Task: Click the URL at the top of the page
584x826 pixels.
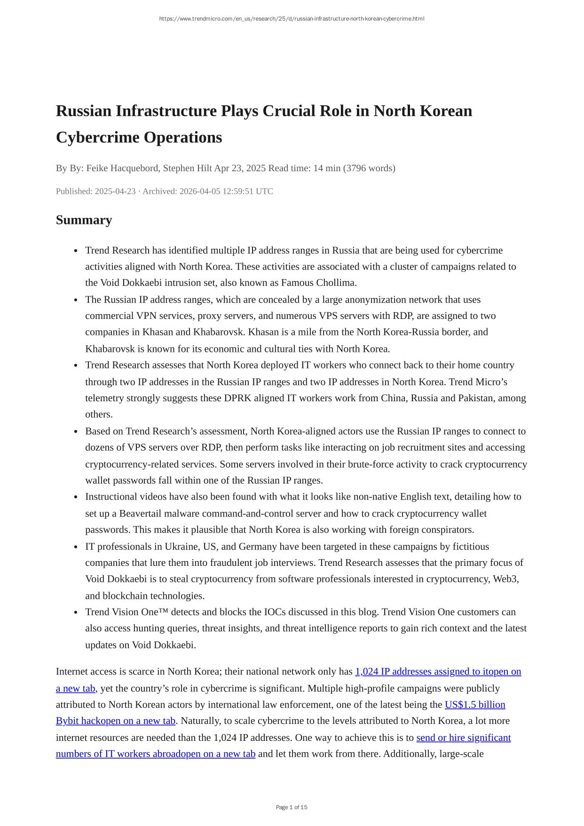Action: coord(292,19)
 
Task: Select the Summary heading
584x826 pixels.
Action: coord(84,220)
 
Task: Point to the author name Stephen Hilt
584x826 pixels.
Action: coord(187,168)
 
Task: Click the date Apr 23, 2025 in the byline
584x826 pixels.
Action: coord(240,168)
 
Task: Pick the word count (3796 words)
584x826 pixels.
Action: coord(369,168)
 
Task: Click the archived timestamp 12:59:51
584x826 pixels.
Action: coord(237,191)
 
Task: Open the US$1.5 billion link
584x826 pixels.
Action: coord(475,705)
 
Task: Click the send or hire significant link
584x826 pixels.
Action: coord(463,738)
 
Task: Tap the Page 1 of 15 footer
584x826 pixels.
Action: coord(292,807)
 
